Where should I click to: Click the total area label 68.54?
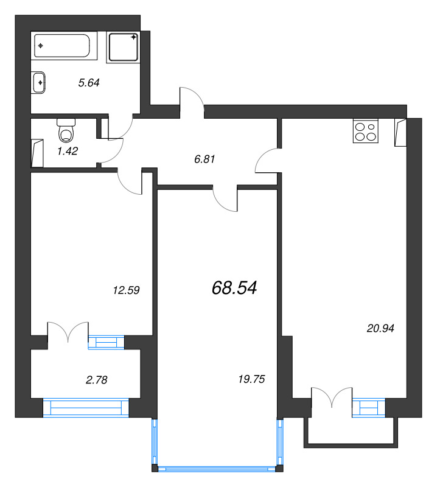click(234, 287)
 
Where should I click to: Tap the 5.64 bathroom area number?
click(89, 83)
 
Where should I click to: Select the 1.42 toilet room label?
click(68, 151)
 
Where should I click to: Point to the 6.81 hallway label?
click(204, 159)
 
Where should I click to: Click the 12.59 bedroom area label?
click(126, 290)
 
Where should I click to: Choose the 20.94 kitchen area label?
click(380, 328)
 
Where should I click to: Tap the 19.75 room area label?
click(251, 379)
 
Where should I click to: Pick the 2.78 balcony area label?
click(96, 379)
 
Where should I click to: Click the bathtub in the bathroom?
click(62, 46)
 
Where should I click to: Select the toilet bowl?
click(66, 131)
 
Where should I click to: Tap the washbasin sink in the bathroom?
click(38, 83)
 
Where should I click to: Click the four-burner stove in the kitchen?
click(366, 131)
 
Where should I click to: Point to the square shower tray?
click(124, 47)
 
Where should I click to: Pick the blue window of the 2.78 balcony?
click(86, 407)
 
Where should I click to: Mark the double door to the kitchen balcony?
click(332, 398)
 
